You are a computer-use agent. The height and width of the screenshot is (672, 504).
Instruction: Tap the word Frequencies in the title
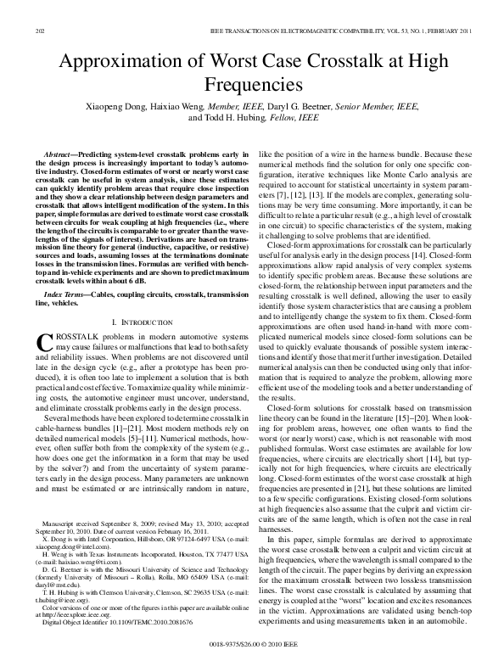252,86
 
